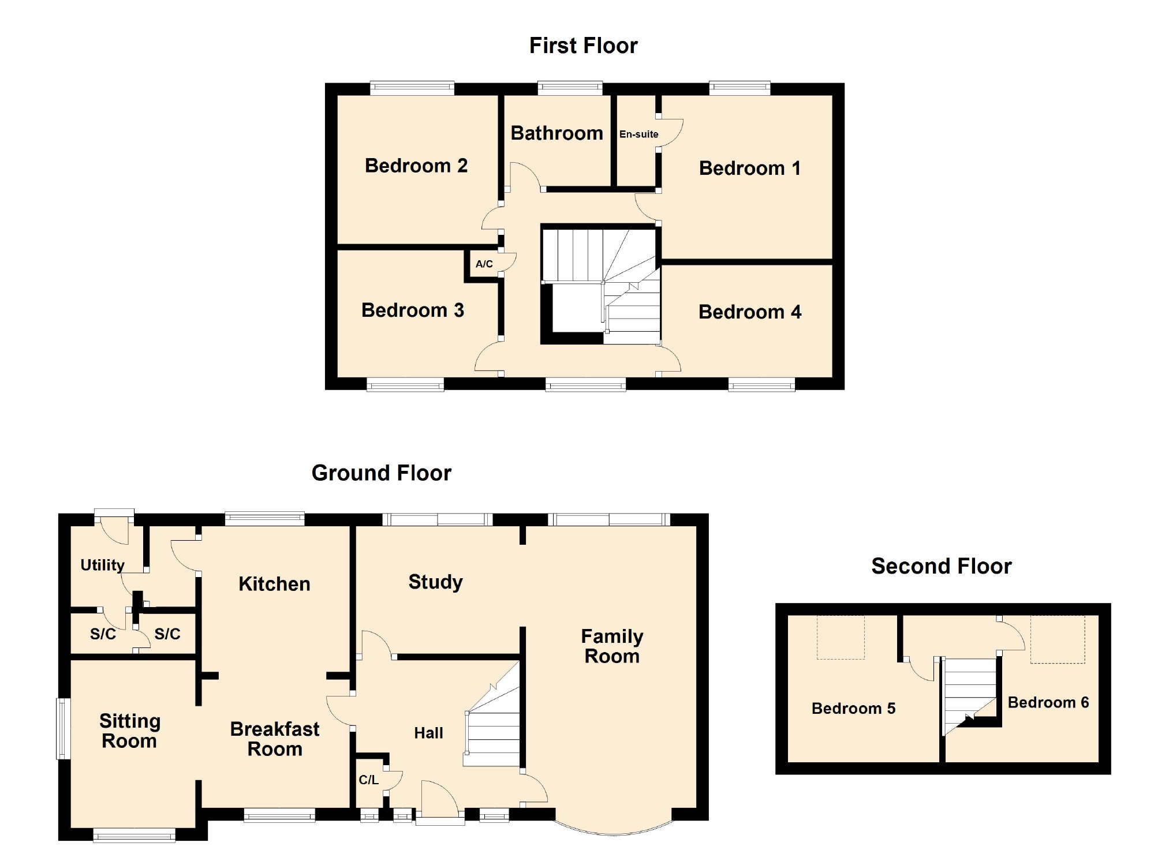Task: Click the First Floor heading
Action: (x=583, y=46)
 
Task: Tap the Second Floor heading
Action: (x=941, y=566)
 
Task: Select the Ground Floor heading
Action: (x=381, y=473)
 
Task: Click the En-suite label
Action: (x=638, y=134)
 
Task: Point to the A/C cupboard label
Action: (x=484, y=264)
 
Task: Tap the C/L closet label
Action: (x=368, y=780)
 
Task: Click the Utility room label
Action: (x=102, y=565)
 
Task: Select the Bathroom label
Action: (x=557, y=133)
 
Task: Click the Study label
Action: (x=435, y=582)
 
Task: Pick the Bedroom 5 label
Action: (x=853, y=709)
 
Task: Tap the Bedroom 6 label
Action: (x=1048, y=703)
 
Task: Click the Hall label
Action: (x=428, y=733)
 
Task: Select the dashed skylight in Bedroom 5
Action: (x=841, y=638)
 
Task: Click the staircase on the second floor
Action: (x=970, y=690)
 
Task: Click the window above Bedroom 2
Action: (x=412, y=88)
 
